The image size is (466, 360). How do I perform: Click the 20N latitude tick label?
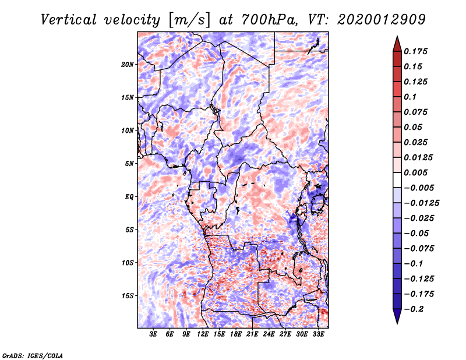tap(128, 64)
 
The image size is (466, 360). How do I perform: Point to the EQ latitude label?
tap(129, 197)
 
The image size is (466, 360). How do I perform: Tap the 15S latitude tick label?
tap(128, 296)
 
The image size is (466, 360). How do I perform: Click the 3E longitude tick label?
tap(154, 334)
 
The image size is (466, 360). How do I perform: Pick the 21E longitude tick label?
tap(252, 334)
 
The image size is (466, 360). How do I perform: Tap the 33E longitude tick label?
tap(318, 334)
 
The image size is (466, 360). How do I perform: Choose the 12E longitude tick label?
tap(203, 334)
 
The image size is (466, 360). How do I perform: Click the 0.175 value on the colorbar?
tap(417, 51)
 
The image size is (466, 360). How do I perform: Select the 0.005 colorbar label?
tap(417, 172)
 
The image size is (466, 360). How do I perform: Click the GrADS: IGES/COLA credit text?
tap(32, 355)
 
